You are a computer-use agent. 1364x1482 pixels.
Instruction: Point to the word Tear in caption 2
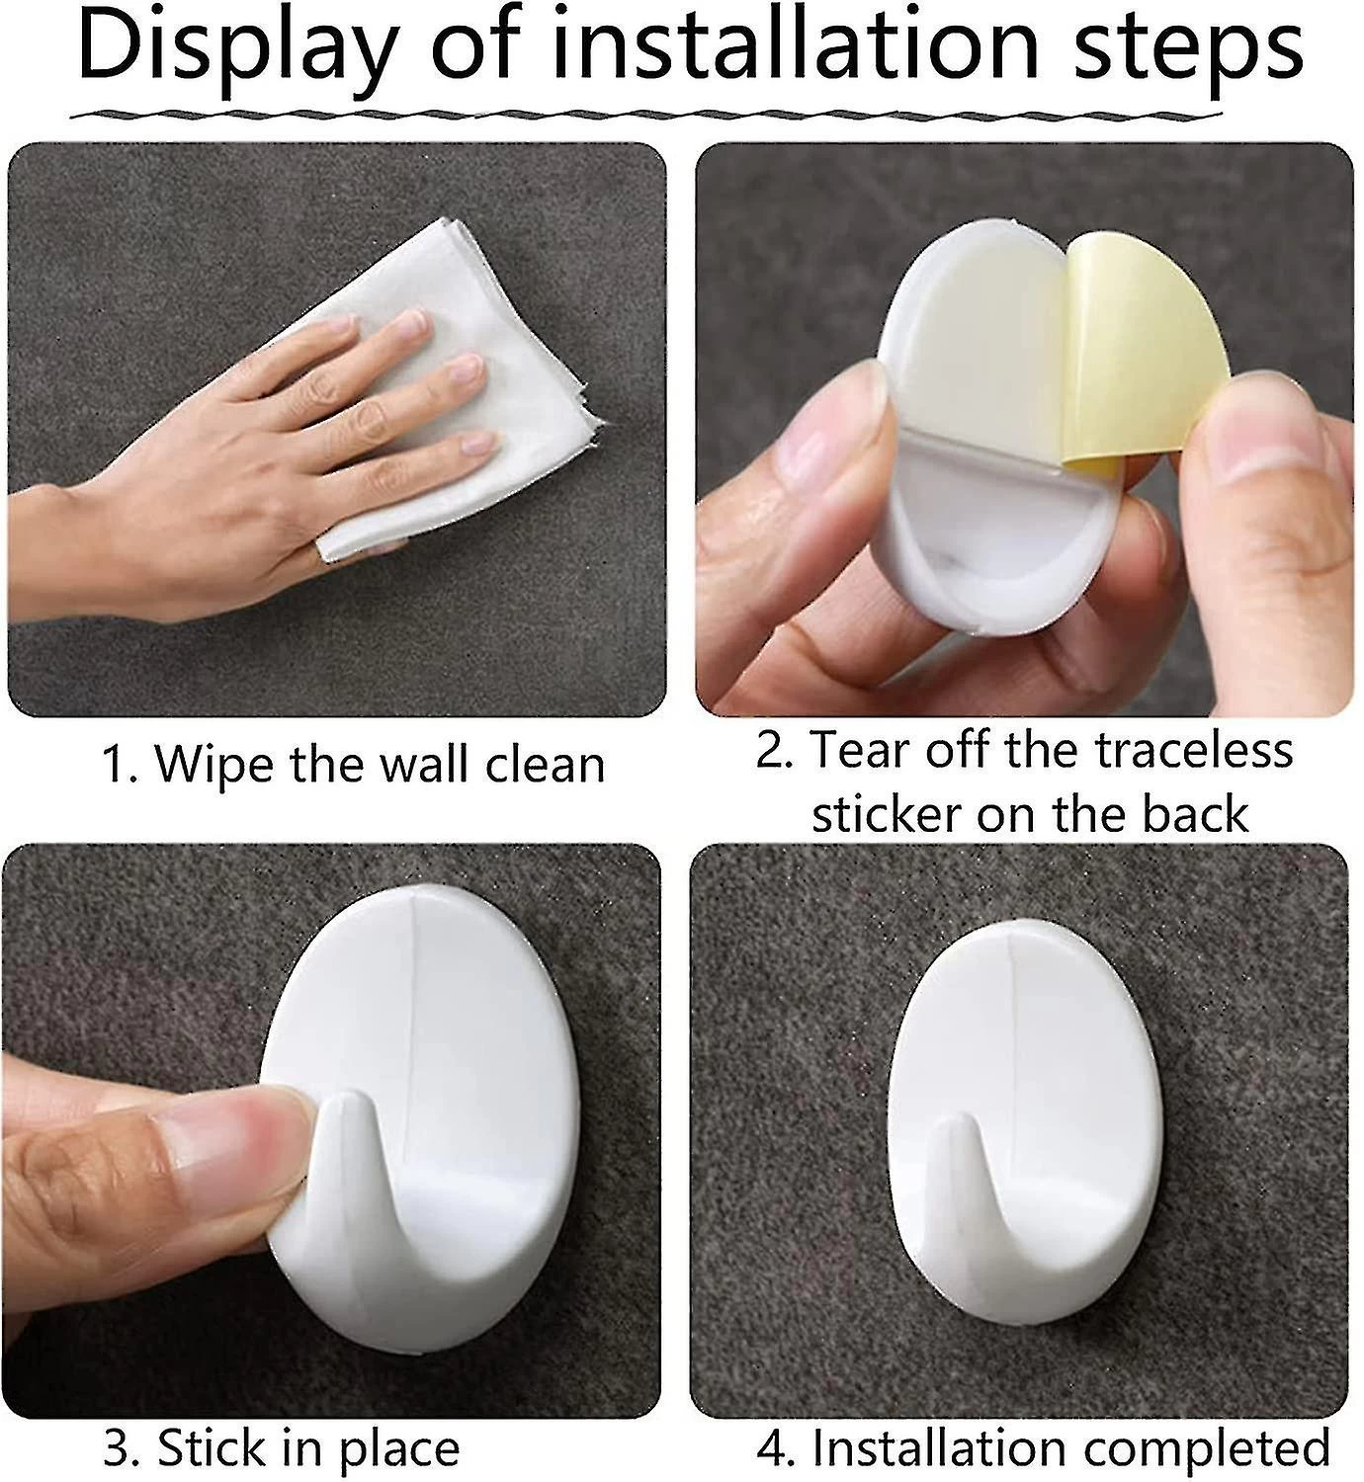click(x=859, y=750)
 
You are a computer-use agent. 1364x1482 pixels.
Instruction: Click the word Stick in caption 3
click(x=213, y=1447)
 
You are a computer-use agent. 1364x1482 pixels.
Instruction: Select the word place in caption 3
click(x=399, y=1451)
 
